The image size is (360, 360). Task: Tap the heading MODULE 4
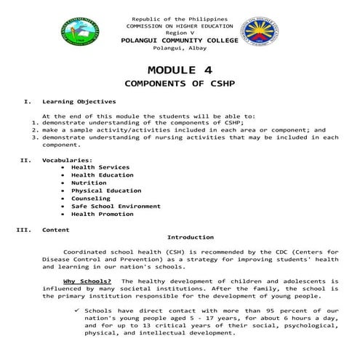click(x=180, y=70)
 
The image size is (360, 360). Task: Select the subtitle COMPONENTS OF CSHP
click(x=180, y=84)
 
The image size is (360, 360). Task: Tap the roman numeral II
click(x=25, y=159)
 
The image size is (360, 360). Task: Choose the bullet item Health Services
click(x=100, y=167)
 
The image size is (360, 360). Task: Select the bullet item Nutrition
click(x=89, y=183)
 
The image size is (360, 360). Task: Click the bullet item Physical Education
click(x=105, y=191)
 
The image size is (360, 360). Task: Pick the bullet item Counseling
click(x=90, y=199)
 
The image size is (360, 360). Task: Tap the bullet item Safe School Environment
click(x=116, y=207)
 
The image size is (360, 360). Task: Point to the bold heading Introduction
click(x=191, y=237)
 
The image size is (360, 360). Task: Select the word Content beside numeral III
click(x=56, y=230)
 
